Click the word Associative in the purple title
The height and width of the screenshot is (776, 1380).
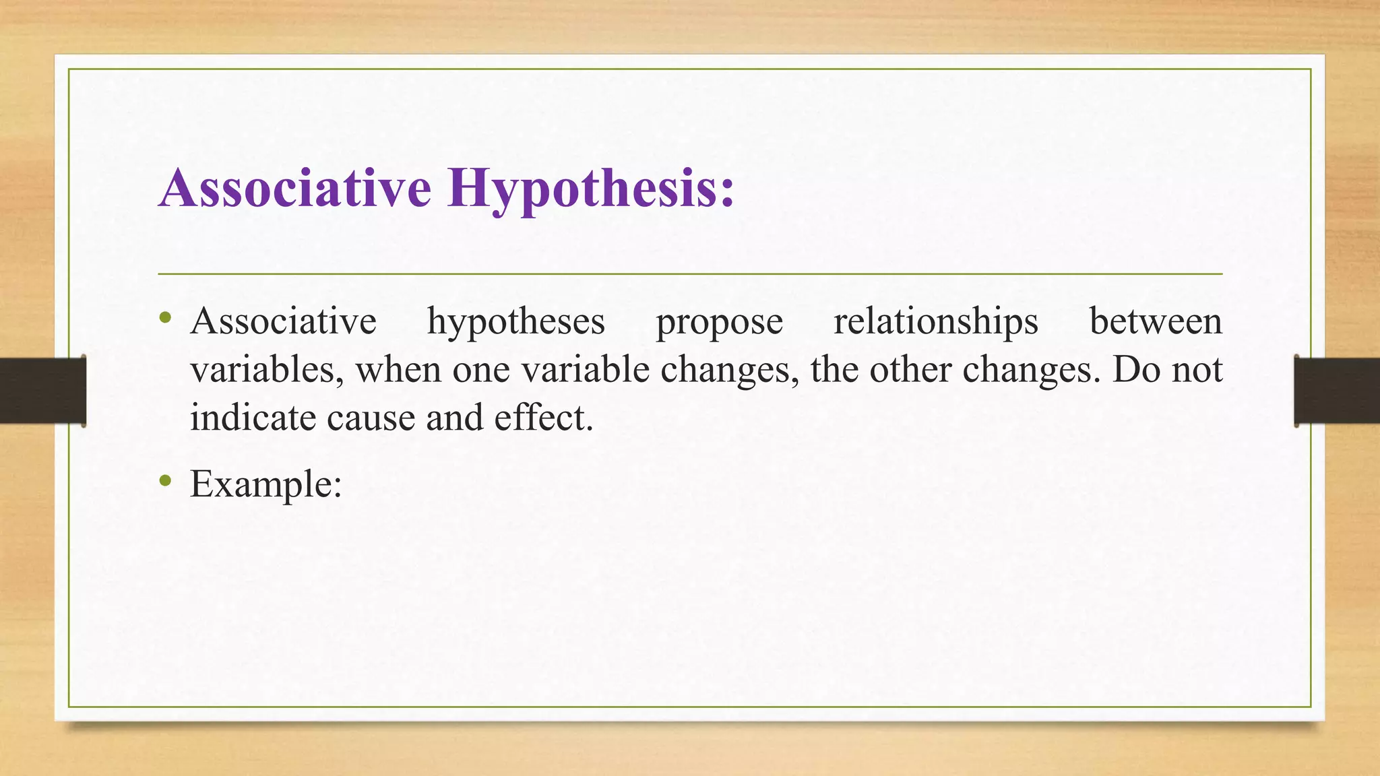tap(295, 187)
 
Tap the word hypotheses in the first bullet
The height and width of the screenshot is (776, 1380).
tap(515, 322)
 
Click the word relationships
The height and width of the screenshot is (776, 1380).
tap(935, 322)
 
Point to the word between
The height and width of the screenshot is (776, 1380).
tap(1155, 321)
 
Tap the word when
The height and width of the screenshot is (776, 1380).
tap(398, 370)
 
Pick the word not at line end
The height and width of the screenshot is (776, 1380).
tap(1197, 370)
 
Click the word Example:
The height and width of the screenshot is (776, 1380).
tap(266, 484)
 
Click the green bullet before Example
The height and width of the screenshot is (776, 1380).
tap(166, 481)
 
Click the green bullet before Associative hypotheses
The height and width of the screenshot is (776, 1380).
tap(166, 317)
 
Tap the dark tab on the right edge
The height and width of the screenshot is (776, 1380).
tap(1337, 391)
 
